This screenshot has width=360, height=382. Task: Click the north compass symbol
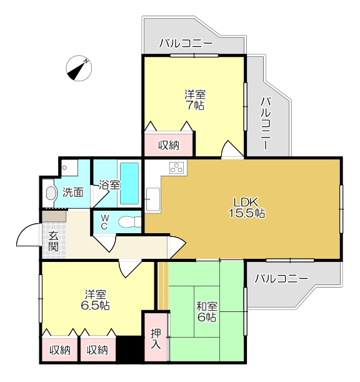pos(79,68)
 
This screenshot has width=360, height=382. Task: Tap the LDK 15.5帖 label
pos(246,208)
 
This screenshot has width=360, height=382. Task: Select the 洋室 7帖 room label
pos(195,100)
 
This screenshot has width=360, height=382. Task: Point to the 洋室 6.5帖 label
pos(95,299)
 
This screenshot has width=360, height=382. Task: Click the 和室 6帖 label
pos(207,311)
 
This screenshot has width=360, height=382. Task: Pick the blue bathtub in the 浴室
pos(129,183)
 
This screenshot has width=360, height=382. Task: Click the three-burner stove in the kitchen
pos(177,168)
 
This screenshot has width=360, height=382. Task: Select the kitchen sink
pos(153,199)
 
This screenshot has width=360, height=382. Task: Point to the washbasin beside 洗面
pos(51,193)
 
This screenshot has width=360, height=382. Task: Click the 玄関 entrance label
pos(53,241)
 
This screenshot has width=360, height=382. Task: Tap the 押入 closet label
pos(156,338)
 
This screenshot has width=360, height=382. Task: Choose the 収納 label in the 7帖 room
pos(169,146)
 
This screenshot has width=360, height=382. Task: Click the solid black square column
pos(129,349)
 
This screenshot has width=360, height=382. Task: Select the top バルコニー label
pos(186,44)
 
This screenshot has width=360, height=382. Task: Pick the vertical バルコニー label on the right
pos(266,123)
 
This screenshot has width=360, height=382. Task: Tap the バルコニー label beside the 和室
pos(281,278)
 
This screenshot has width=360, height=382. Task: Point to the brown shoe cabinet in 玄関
pos(54,216)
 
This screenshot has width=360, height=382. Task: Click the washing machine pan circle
pos(64,168)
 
